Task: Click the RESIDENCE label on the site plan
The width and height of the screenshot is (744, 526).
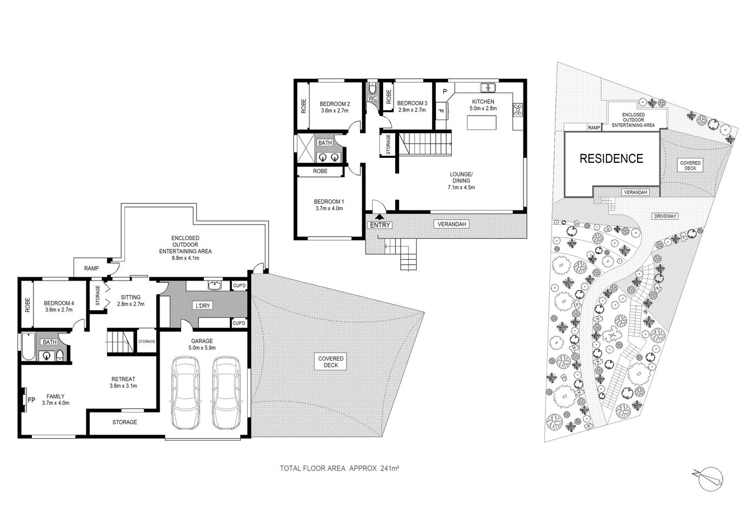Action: (611, 159)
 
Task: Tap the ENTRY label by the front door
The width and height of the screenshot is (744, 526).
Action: (380, 225)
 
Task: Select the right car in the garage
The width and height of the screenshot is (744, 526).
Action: (226, 393)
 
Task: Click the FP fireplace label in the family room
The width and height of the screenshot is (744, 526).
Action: (31, 400)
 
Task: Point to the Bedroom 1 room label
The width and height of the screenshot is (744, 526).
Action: (329, 204)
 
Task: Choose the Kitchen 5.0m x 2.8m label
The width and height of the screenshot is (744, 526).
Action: (482, 105)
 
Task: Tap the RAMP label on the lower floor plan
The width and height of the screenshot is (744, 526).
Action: (92, 268)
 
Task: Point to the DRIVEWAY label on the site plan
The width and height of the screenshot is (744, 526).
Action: (665, 216)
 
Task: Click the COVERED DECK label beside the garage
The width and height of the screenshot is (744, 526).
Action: (331, 362)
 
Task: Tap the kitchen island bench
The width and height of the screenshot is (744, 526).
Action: (482, 123)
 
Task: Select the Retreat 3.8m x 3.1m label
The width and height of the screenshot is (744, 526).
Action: (123, 382)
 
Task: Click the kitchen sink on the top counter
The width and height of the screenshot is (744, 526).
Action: (487, 87)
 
